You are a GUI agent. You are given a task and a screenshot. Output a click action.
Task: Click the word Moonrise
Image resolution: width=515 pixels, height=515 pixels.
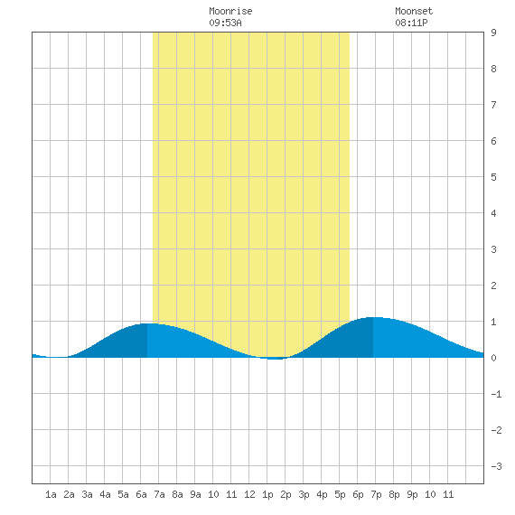click(x=230, y=11)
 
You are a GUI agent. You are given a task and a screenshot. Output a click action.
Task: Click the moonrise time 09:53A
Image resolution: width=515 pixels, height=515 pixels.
click(x=225, y=23)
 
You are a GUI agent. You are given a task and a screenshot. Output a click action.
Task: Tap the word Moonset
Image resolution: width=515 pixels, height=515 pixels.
click(x=414, y=11)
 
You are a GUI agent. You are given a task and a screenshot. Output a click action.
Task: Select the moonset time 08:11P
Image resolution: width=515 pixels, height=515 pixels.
click(x=411, y=23)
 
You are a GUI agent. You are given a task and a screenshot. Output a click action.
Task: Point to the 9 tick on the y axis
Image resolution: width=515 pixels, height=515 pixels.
click(x=493, y=33)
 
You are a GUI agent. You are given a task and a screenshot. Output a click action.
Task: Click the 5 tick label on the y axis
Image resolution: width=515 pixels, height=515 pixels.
click(x=493, y=177)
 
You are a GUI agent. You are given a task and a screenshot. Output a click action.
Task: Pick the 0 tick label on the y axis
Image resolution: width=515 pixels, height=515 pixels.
click(x=493, y=358)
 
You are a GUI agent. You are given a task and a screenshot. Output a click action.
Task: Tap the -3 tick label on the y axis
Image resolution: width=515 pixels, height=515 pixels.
click(x=496, y=466)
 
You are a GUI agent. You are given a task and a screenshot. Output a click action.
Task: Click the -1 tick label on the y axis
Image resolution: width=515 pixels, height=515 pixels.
click(x=496, y=394)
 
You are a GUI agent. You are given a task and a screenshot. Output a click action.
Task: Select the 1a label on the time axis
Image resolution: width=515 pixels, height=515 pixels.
click(x=51, y=494)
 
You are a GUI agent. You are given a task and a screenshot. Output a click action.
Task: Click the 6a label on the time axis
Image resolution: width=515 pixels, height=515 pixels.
click(x=141, y=494)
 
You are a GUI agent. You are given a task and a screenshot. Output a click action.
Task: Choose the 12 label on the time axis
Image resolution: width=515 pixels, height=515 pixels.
click(x=249, y=494)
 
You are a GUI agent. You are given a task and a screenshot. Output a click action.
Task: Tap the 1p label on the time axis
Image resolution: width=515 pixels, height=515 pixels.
click(x=267, y=494)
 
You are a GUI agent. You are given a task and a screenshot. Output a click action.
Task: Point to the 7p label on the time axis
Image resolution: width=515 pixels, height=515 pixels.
click(x=376, y=494)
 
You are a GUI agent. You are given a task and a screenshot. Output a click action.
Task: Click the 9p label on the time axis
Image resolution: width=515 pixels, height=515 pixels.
click(x=412, y=494)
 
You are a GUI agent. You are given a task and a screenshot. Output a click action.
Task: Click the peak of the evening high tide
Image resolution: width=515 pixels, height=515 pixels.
click(x=373, y=317)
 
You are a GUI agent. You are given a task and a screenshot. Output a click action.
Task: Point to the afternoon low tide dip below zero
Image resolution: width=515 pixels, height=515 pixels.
click(x=275, y=359)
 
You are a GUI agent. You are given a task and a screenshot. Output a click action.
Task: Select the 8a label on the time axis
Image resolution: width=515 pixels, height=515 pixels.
click(x=177, y=494)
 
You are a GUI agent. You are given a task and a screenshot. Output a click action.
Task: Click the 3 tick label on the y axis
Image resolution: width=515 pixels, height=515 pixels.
click(x=493, y=249)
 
